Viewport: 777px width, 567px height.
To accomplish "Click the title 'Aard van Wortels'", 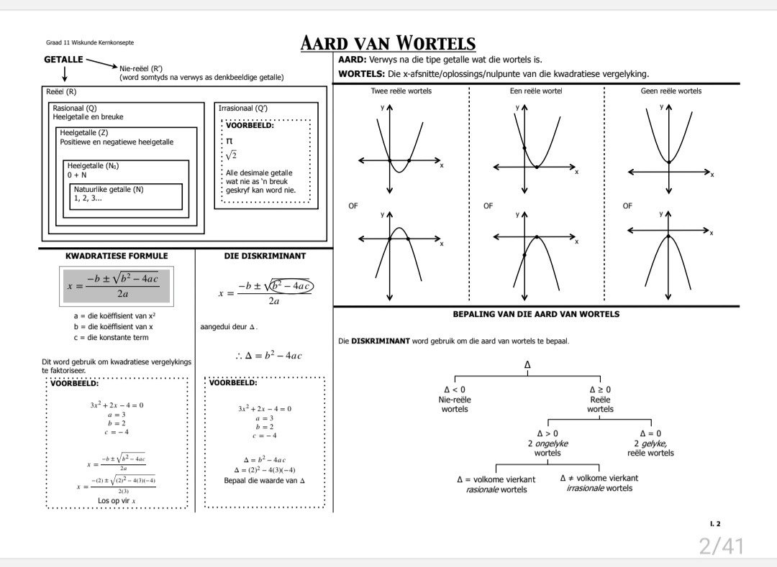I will pyautogui.click(x=388, y=43).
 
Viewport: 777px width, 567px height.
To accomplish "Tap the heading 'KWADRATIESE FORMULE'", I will pyautogui.click(x=117, y=256).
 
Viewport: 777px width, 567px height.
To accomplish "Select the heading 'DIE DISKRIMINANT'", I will pyautogui.click(x=265, y=256).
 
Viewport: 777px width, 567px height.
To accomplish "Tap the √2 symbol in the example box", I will pyautogui.click(x=231, y=155).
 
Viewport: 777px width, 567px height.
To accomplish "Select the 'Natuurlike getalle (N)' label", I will pyautogui.click(x=109, y=190).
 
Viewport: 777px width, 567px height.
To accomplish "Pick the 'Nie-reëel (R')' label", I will pyautogui.click(x=141, y=68).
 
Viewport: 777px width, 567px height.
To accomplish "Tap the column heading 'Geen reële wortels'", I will pyautogui.click(x=671, y=91).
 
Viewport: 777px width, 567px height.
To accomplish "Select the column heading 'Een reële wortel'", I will pyautogui.click(x=536, y=91).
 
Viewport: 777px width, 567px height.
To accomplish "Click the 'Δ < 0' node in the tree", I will pyautogui.click(x=455, y=389).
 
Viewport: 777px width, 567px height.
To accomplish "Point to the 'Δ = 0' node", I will pyautogui.click(x=650, y=433).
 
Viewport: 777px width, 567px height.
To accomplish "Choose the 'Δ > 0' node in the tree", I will pyautogui.click(x=547, y=433).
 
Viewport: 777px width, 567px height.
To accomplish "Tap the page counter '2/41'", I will pyautogui.click(x=721, y=546).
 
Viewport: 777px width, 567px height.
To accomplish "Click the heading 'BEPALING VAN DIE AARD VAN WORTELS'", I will pyautogui.click(x=536, y=314).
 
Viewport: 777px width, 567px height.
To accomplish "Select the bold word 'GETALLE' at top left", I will pyautogui.click(x=63, y=60).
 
